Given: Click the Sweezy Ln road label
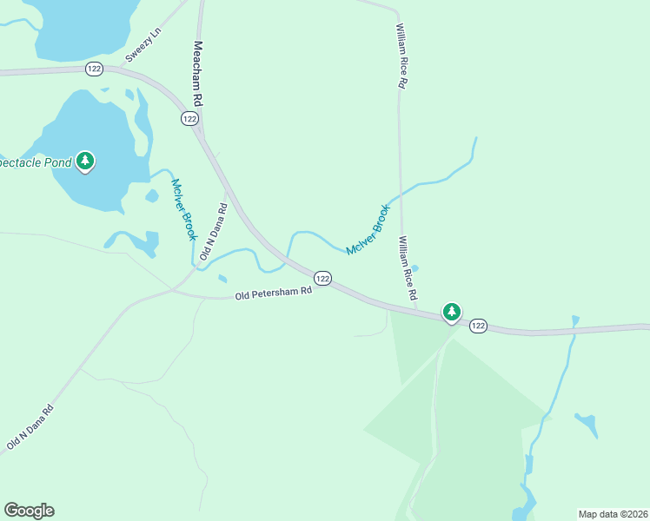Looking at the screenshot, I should pos(144,44).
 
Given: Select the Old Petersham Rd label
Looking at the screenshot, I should pos(273,293).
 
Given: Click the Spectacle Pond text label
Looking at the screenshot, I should pos(35,162).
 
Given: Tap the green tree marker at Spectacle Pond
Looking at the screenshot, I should pos(84,161).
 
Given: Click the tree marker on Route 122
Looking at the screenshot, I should pos(451,312).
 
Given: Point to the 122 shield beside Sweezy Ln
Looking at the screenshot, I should pos(94,69).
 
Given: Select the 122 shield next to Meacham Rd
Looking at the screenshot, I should pos(190,118).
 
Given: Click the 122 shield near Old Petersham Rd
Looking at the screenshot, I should pos(322,278).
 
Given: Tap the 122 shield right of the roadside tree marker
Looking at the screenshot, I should pos(478,326).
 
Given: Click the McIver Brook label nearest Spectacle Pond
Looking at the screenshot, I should pos(184,209).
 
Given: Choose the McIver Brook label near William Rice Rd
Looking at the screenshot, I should pos(368,229).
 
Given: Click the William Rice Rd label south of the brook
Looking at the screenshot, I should pos(408,268).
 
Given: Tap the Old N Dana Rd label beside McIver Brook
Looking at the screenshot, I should pos(213,232).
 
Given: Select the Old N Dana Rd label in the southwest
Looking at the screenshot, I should pos(30,427).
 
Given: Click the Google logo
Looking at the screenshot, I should pos(29,511).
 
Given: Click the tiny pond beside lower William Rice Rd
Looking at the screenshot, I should pos(415,267).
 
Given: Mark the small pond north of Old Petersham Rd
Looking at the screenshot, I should pos(222,279).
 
